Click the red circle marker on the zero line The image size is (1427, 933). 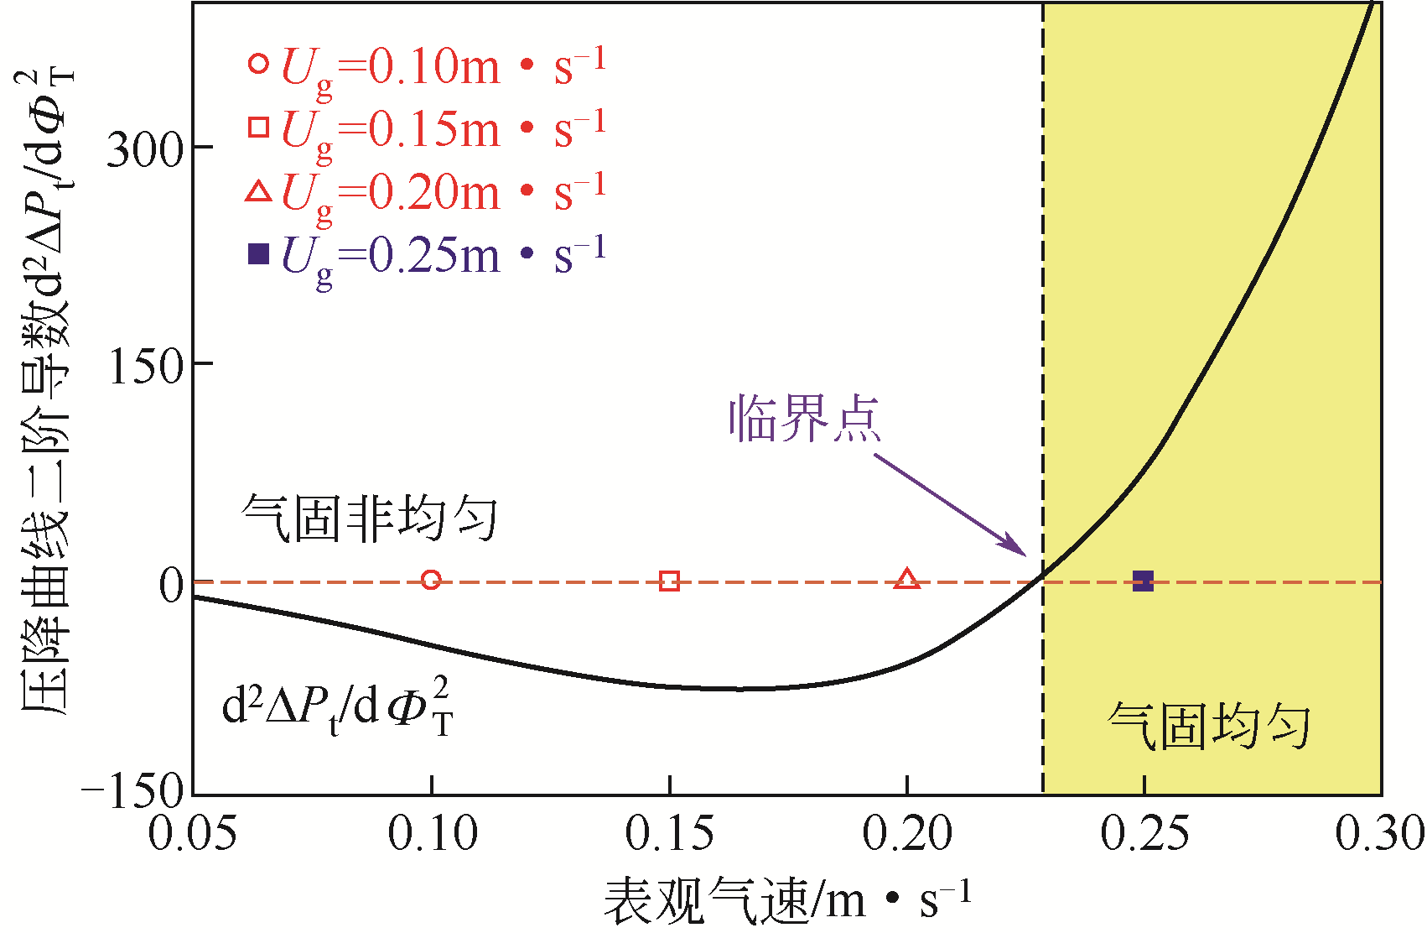pos(431,580)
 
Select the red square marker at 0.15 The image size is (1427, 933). pos(669,581)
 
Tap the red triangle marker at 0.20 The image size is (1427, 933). pos(907,579)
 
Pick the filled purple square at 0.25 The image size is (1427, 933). pos(1144,581)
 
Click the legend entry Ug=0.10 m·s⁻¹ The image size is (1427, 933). pos(426,66)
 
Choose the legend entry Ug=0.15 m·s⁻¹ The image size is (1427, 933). pos(426,129)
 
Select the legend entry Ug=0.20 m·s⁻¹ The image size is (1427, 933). pos(426,192)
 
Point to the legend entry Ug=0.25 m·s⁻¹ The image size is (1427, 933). pos(426,255)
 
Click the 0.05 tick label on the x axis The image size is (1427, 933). pos(193,835)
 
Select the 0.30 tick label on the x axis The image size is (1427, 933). pos(1380,835)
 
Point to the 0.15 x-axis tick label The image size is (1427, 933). pos(669,835)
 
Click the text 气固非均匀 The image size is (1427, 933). pos(370,518)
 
